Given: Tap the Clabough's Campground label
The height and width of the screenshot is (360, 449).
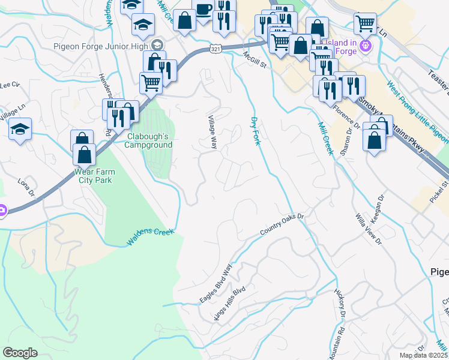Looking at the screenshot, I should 148,140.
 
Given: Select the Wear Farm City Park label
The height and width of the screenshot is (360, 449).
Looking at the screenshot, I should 94,175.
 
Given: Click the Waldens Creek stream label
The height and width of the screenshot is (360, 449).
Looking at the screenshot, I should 150,236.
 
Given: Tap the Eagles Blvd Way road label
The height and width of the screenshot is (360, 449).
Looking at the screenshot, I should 219,283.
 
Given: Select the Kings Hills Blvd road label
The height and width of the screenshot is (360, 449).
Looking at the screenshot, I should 230,305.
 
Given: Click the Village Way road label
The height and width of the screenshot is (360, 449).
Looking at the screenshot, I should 212,132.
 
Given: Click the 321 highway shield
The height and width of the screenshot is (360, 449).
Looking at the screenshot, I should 216,49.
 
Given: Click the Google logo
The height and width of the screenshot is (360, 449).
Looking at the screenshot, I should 20,353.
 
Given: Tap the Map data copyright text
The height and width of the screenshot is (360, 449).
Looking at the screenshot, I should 424,355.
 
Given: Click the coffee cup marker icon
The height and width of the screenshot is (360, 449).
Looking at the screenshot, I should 203,10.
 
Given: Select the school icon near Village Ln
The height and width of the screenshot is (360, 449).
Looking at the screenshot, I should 20,130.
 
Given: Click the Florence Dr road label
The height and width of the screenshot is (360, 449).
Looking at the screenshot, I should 346,118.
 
